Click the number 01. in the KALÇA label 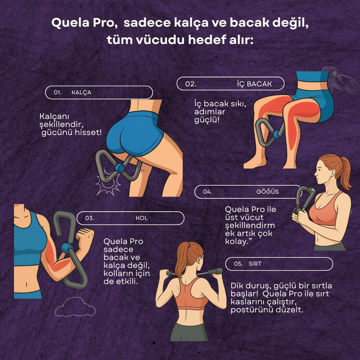point(57,92)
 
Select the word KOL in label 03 point(142,218)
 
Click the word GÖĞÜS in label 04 point(268,192)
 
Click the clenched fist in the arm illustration point(85,237)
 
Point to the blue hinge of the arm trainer point(66,248)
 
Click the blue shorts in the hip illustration point(134,134)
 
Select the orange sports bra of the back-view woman point(191,298)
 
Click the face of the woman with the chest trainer point(322,172)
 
